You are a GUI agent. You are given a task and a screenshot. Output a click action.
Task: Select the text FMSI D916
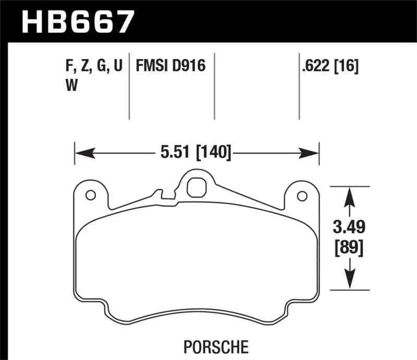point(170,67)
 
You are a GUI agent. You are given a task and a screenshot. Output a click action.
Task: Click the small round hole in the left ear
point(90,195)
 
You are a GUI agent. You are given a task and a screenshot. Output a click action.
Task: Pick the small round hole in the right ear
point(301,195)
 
